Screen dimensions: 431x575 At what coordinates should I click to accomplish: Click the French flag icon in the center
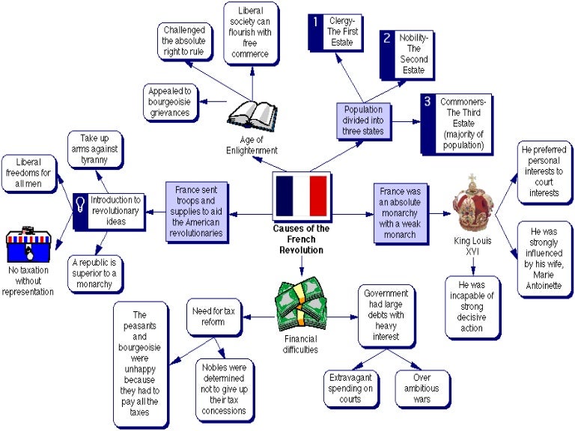[301, 196]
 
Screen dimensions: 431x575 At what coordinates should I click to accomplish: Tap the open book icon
[252, 115]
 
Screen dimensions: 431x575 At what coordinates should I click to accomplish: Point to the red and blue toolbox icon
[28, 247]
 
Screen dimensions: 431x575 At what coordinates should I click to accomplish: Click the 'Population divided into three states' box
[363, 120]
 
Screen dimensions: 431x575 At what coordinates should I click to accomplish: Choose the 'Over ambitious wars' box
[422, 388]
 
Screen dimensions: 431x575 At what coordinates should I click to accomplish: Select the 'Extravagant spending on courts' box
[350, 388]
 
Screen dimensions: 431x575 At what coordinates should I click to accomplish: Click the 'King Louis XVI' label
[472, 248]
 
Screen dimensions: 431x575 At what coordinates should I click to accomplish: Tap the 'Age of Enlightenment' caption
[252, 147]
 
